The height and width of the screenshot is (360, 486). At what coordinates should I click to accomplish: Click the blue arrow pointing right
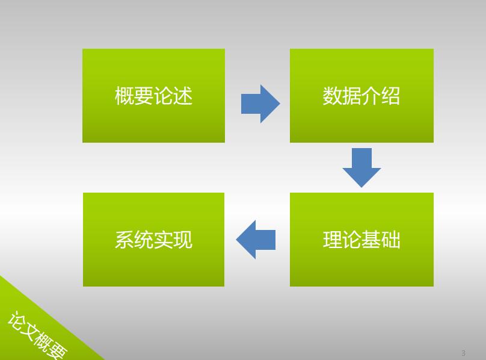point(260,104)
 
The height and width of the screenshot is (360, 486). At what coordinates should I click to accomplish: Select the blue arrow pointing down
point(361,167)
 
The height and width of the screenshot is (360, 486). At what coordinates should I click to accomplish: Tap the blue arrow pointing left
point(256,240)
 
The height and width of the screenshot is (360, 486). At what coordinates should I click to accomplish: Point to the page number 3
point(463,353)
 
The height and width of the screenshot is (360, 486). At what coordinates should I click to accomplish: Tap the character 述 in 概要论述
point(183,96)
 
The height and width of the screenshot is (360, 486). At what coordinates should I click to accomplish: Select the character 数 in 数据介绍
point(333,96)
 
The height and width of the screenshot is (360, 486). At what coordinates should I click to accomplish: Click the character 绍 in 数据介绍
point(391,96)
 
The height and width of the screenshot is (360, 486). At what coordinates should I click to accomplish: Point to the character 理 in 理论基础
point(333,240)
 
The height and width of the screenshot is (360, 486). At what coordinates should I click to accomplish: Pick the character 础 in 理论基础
point(391,240)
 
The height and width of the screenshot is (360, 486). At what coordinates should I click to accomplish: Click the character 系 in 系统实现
point(125,240)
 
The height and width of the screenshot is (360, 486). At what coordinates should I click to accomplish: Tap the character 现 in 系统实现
point(183,240)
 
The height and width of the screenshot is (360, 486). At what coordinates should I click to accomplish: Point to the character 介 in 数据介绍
point(371,96)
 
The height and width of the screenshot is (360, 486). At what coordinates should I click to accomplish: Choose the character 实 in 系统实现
point(163,240)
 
